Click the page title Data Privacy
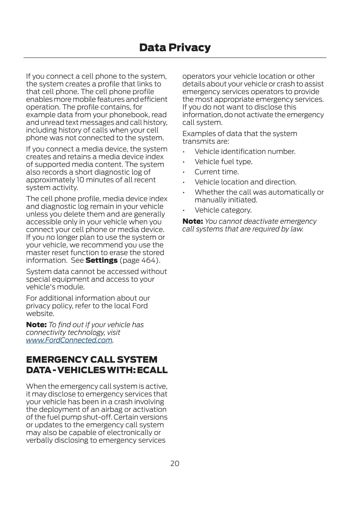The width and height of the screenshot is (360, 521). (x=175, y=48)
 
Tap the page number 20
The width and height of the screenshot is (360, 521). (x=175, y=463)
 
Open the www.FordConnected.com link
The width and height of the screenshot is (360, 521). (x=69, y=340)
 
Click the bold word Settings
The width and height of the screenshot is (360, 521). (x=102, y=260)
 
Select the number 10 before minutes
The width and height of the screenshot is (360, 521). (x=81, y=180)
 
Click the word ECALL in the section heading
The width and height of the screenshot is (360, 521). (x=152, y=370)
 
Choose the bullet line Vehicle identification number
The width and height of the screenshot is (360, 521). (x=245, y=152)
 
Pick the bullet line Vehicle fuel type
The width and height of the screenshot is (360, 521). (x=224, y=162)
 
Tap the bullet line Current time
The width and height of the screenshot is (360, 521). (x=217, y=172)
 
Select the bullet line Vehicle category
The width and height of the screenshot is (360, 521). (x=223, y=210)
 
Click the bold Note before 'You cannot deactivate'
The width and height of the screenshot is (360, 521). (x=192, y=221)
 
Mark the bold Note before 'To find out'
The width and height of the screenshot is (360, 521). (x=36, y=325)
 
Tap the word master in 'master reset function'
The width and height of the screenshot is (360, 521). (x=38, y=253)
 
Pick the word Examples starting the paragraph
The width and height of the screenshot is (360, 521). (x=198, y=134)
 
